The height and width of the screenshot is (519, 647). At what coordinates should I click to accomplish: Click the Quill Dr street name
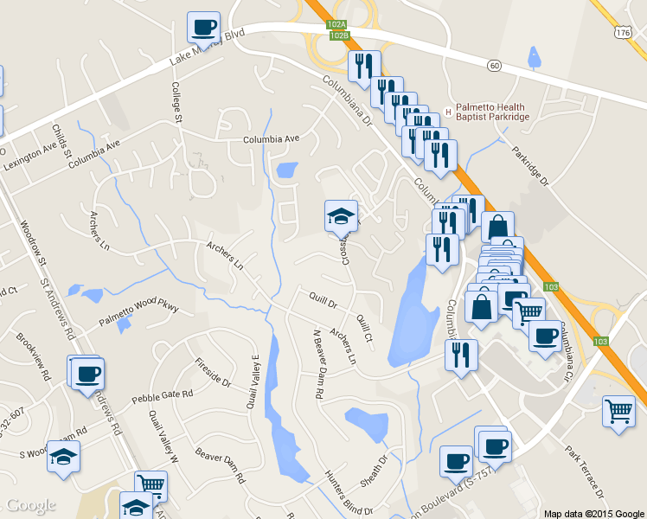click(x=322, y=301)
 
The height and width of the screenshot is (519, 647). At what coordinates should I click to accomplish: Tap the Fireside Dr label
click(x=213, y=371)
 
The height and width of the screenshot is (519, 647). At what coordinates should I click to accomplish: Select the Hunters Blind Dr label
click(x=349, y=492)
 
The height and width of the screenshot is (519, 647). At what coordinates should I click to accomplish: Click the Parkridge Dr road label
click(x=530, y=164)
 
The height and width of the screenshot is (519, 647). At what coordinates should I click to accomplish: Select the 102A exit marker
click(x=337, y=25)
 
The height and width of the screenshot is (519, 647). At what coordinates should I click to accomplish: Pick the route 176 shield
click(x=624, y=31)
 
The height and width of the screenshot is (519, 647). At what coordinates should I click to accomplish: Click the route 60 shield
click(x=494, y=65)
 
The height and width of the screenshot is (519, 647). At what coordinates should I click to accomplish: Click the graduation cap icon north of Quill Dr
click(x=341, y=215)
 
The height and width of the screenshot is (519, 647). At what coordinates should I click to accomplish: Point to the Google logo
click(x=31, y=505)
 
